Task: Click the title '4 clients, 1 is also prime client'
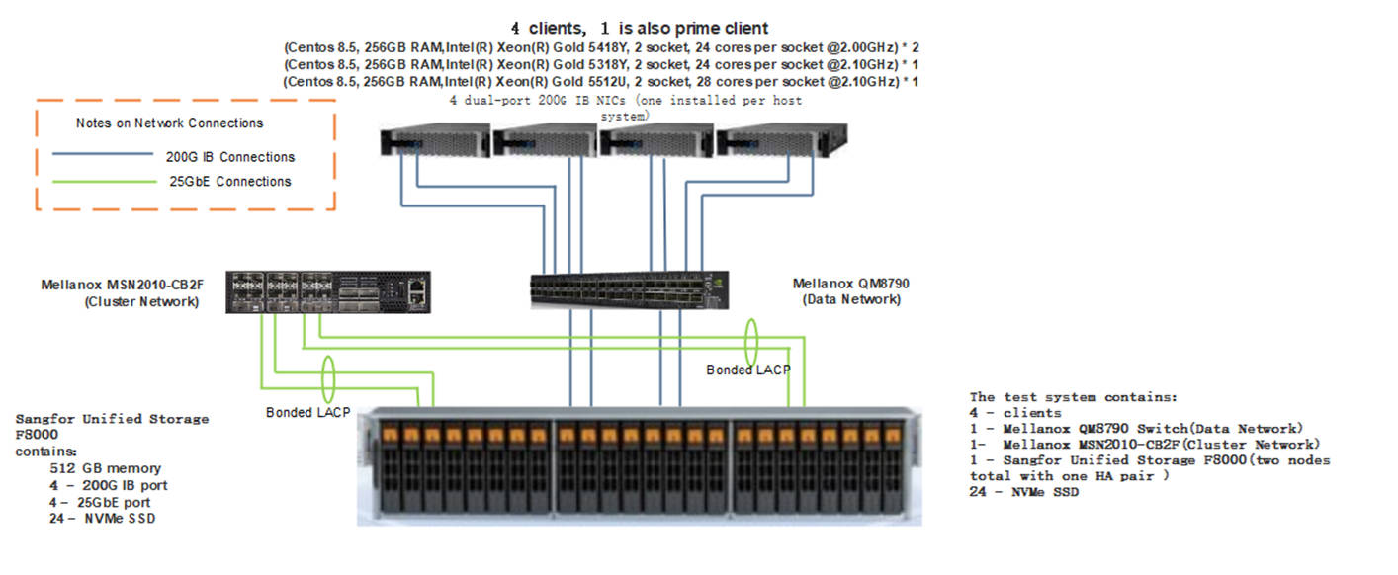click(639, 28)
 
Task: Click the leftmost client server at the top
click(435, 142)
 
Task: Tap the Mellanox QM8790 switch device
click(629, 287)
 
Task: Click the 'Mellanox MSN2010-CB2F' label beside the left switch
click(120, 285)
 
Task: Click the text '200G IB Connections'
click(230, 157)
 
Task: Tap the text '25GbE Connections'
click(228, 182)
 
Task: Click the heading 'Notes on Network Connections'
click(169, 123)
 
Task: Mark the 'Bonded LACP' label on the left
click(307, 412)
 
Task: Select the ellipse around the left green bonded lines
click(327, 378)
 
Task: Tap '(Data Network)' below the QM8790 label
click(851, 299)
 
